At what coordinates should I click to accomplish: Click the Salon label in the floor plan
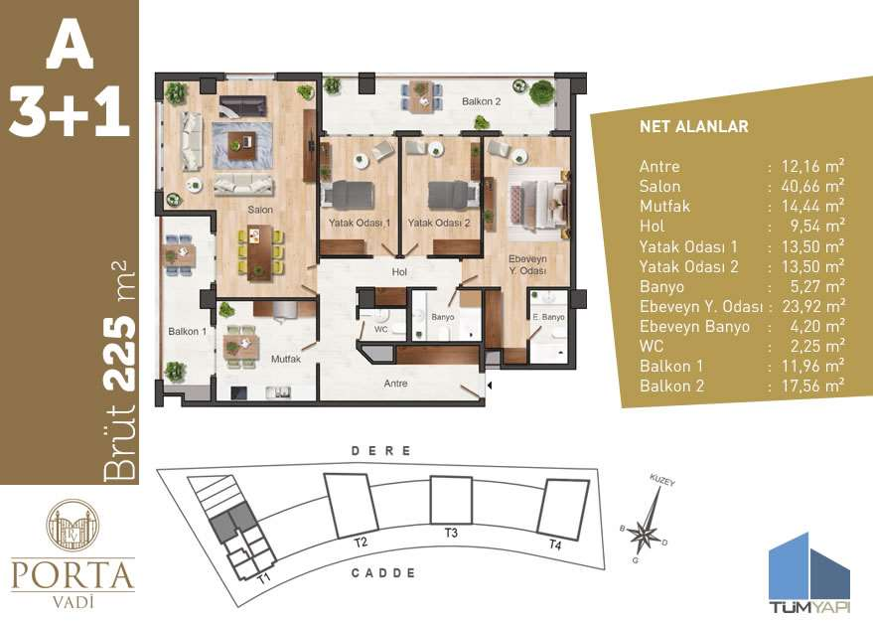pos(260,211)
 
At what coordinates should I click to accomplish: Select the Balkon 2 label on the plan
pos(481,102)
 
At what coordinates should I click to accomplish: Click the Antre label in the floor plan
pos(397,382)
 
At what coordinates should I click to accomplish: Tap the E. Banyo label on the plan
pos(548,317)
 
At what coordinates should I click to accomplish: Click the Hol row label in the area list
pos(652,226)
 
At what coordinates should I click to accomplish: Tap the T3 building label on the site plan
pos(452,534)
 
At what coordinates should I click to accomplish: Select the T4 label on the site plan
pos(555,545)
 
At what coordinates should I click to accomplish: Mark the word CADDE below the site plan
pos(383,573)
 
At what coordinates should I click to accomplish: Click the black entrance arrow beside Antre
pos(490,382)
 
